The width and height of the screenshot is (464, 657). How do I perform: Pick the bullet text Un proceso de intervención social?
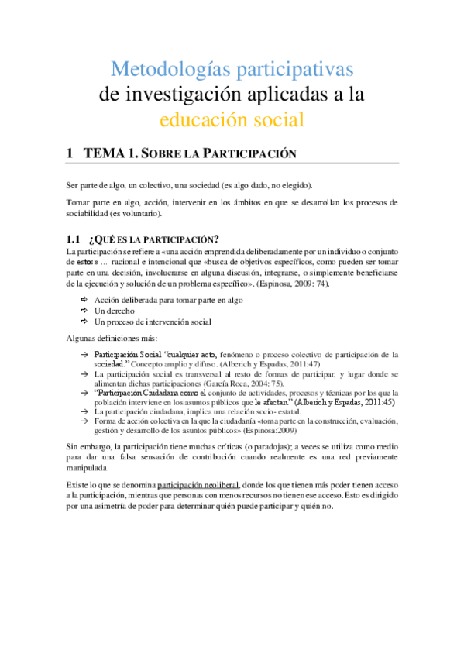click(153, 322)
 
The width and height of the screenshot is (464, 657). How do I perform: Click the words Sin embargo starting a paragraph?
click(91, 448)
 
